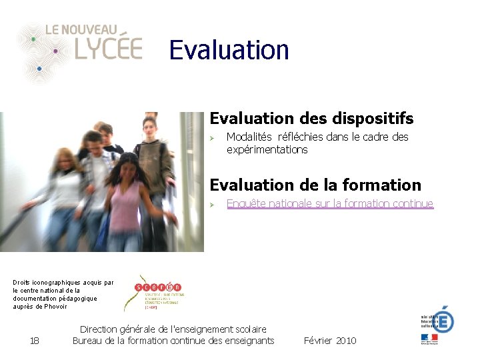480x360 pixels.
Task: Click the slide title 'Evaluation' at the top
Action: tap(229, 50)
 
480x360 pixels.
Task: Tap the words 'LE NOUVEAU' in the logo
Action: tap(81, 29)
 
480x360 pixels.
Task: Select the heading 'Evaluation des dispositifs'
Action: tap(311, 119)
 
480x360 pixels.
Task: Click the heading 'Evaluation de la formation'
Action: tap(315, 185)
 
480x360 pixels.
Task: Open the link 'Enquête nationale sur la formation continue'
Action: tap(330, 204)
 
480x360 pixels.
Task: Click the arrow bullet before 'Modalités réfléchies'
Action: tap(213, 138)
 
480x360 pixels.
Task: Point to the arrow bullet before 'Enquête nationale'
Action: tap(213, 205)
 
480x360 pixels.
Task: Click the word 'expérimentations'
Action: tap(267, 150)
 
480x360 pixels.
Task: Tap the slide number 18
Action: tap(35, 341)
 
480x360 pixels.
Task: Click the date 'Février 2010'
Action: tap(330, 341)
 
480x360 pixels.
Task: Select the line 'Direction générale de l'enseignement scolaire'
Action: tap(173, 329)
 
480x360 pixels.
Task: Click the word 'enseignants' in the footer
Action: tap(248, 341)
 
